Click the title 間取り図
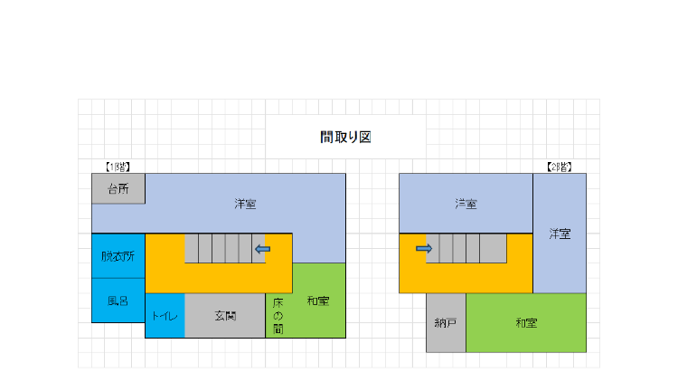click(345, 137)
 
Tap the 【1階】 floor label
click(118, 167)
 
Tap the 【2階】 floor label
click(559, 167)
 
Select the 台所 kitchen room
click(118, 188)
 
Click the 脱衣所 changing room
click(118, 256)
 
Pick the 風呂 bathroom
click(118, 301)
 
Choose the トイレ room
click(165, 316)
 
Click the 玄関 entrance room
click(225, 316)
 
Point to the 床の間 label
click(278, 316)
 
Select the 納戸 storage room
click(446, 322)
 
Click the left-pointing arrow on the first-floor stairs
click(263, 249)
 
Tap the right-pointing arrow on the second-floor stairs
click(424, 249)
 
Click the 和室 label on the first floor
click(318, 301)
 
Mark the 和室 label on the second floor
click(526, 322)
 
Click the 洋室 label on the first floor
click(245, 204)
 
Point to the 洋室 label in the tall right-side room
click(560, 234)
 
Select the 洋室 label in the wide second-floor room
click(466, 204)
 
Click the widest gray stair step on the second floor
click(493, 248)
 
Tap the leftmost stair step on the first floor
click(192, 248)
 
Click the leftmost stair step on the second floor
click(433, 248)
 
